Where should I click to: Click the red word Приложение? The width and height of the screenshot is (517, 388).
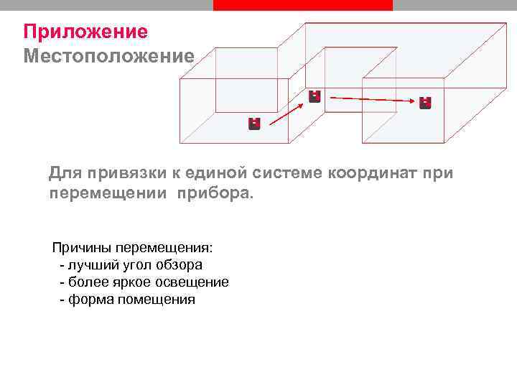(x=85, y=32)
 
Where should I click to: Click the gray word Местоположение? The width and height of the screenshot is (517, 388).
(x=108, y=55)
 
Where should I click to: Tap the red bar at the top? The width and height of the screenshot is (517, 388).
(x=303, y=5)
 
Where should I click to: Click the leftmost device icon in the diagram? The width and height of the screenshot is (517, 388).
(x=253, y=124)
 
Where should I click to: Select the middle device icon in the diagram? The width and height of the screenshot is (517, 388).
(x=315, y=96)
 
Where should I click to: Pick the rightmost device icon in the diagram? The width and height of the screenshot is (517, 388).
(x=425, y=103)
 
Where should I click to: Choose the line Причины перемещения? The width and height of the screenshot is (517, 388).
(x=132, y=248)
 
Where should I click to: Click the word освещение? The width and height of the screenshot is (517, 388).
(x=194, y=282)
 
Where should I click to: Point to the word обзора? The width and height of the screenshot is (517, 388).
(x=181, y=265)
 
